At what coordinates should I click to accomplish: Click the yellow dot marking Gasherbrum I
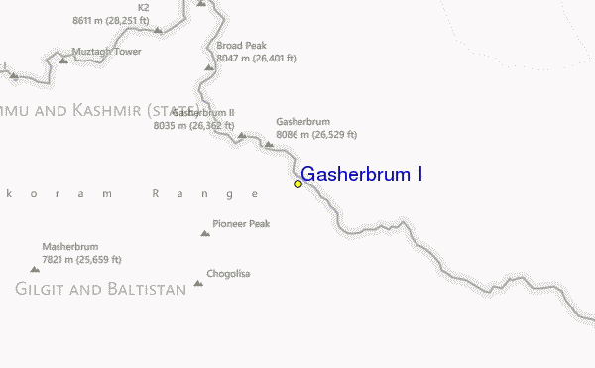tap(297, 184)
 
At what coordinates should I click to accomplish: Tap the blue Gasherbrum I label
tap(363, 175)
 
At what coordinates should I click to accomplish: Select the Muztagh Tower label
tap(106, 51)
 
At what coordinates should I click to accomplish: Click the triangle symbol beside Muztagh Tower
tap(64, 60)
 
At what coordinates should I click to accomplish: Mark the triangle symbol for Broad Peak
tap(209, 66)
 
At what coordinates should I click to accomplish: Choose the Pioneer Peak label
tap(241, 224)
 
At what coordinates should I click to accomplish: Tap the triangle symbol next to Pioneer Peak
tap(205, 233)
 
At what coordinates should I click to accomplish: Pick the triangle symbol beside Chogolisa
tap(198, 283)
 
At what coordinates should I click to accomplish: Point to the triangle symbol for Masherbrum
tap(35, 268)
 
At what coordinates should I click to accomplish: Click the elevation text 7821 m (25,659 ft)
tap(81, 259)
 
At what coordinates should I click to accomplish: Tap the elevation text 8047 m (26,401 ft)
tap(256, 58)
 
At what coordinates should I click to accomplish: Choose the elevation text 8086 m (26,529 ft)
tap(316, 134)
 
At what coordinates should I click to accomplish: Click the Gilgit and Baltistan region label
tap(100, 289)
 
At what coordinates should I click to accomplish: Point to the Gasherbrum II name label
tap(202, 113)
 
